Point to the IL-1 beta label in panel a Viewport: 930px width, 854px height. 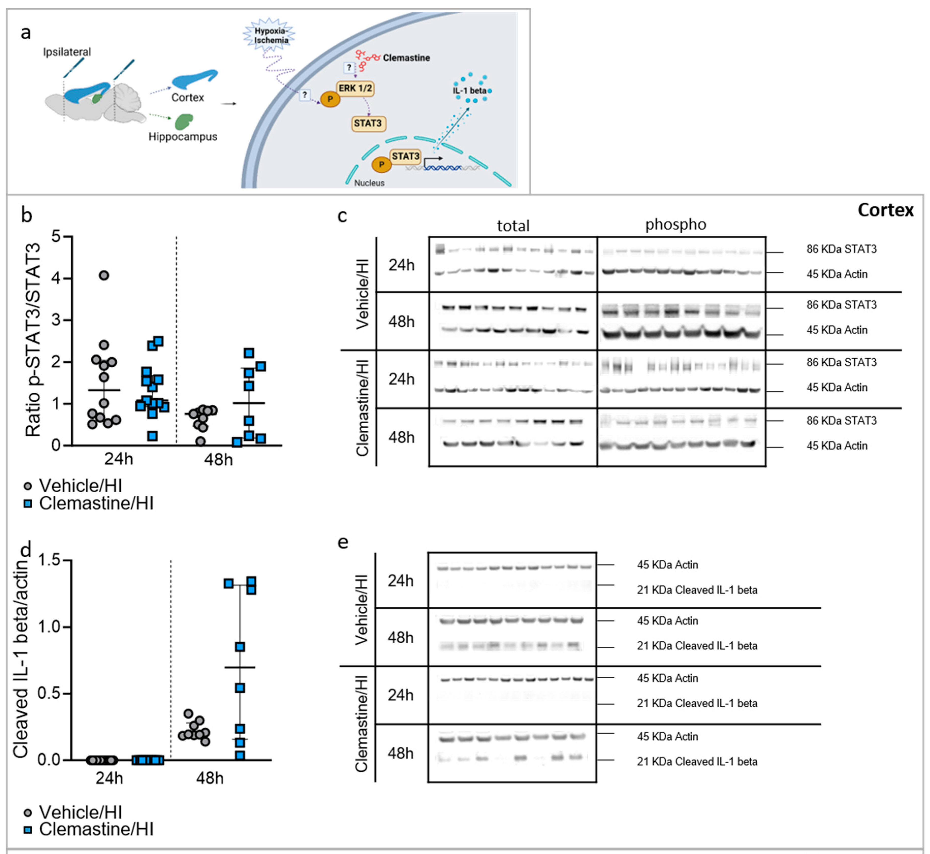click(x=469, y=90)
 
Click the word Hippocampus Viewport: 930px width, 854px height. click(x=183, y=137)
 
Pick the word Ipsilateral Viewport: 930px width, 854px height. click(x=67, y=52)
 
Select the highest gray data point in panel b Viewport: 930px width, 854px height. click(x=104, y=276)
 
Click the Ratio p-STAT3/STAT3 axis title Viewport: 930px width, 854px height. click(x=33, y=341)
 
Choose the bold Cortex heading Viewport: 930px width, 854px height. click(x=885, y=210)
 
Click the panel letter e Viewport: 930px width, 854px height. click(x=343, y=542)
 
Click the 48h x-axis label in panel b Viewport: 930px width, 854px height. click(x=218, y=460)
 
